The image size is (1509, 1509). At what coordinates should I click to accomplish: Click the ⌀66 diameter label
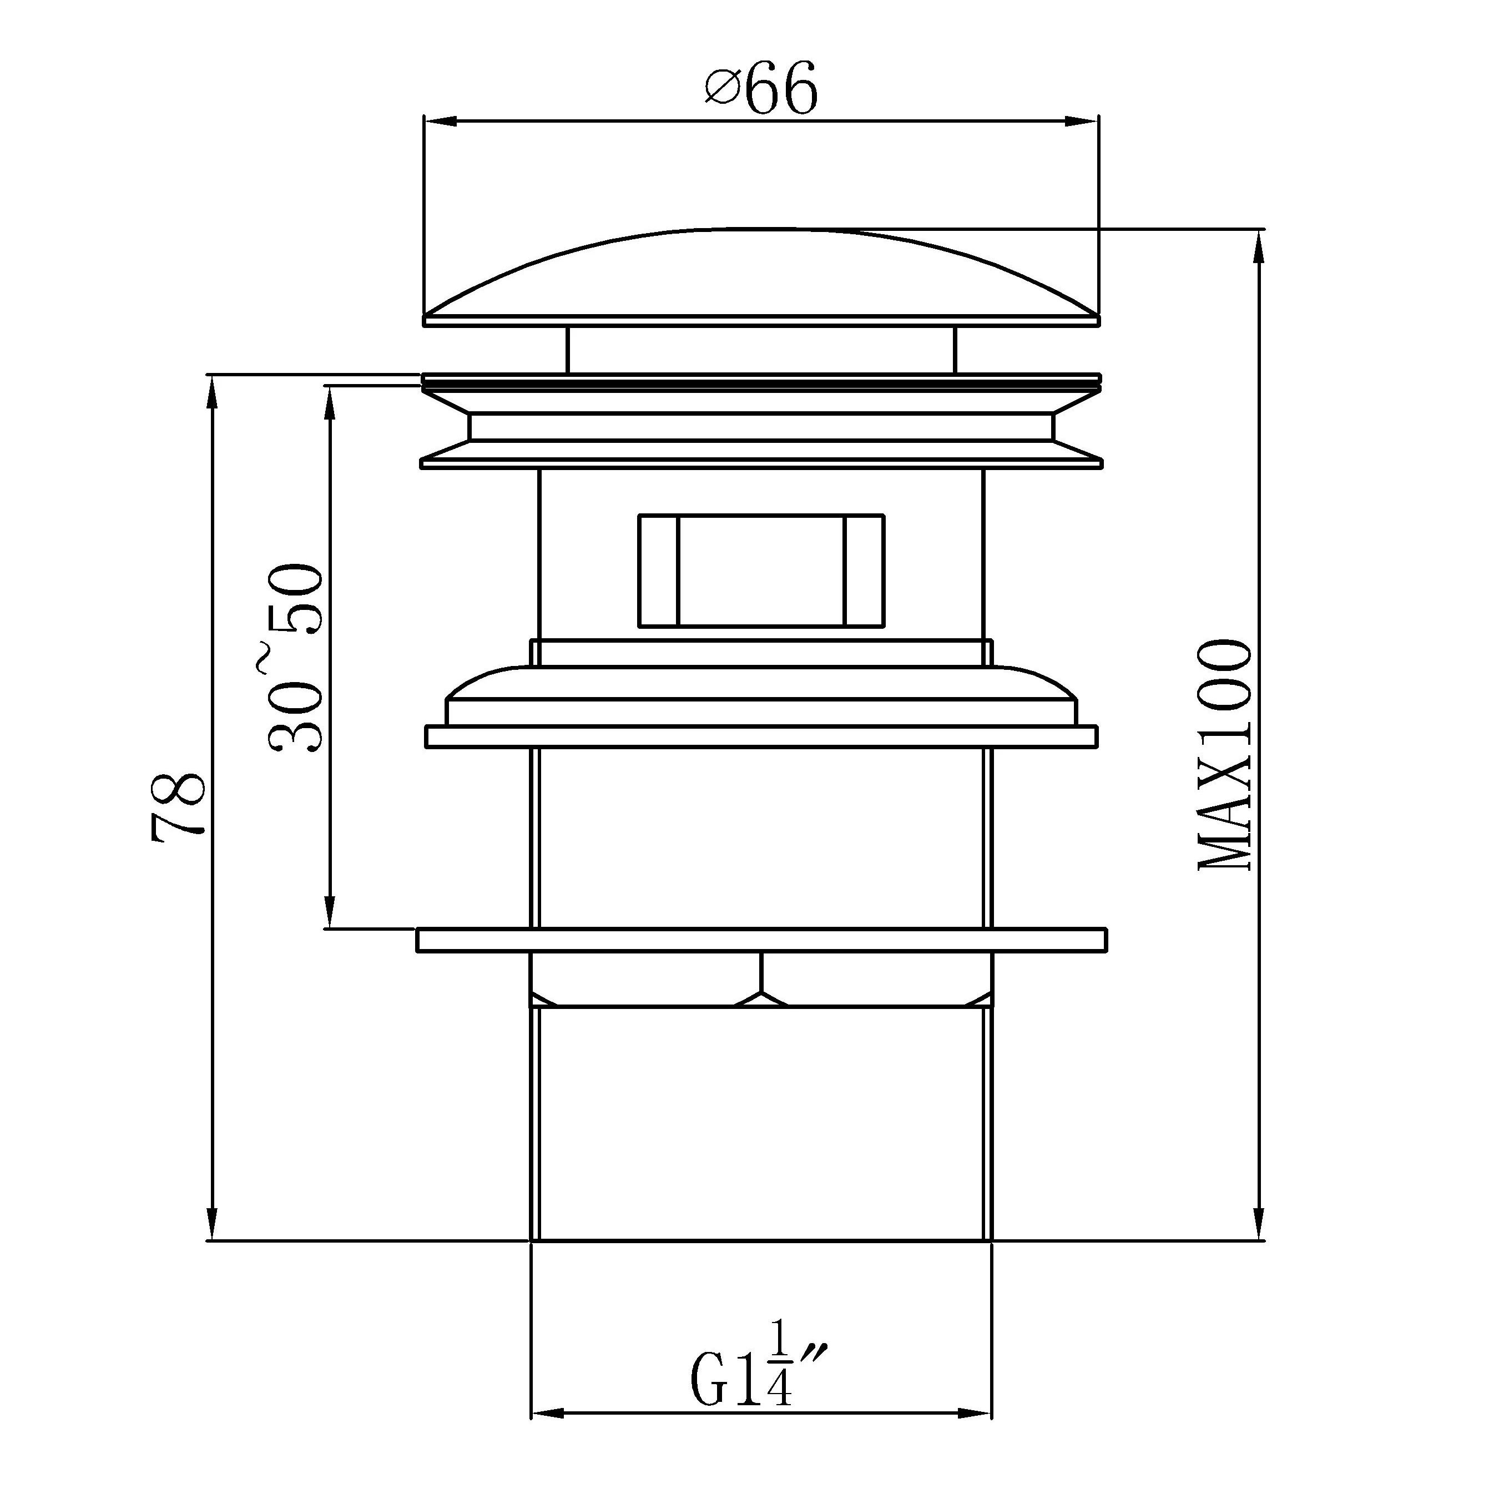click(x=761, y=88)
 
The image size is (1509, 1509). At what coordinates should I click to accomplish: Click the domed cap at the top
click(x=761, y=277)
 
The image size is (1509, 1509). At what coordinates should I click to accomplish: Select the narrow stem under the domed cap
click(x=761, y=350)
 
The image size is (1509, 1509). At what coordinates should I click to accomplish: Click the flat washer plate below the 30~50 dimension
click(x=761, y=940)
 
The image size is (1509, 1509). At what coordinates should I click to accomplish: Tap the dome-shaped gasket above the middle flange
click(x=761, y=687)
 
